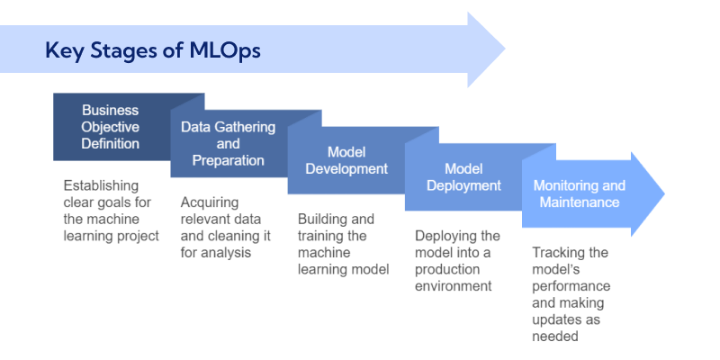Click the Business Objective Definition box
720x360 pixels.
pos(111,127)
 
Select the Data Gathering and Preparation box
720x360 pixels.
pos(229,144)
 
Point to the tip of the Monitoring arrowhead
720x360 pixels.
pos(663,194)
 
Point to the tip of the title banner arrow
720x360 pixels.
pos(505,49)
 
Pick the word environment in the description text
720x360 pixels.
pos(454,286)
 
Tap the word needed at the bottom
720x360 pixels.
pos(553,337)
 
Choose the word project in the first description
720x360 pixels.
pos(137,236)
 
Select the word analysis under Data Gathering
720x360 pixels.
pos(225,253)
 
